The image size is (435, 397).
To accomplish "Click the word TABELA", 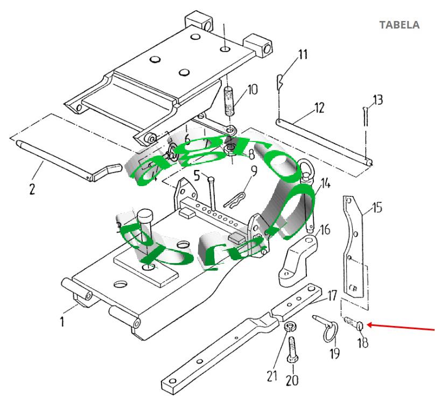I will pos(399,25).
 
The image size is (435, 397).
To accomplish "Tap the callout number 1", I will pos(62,322).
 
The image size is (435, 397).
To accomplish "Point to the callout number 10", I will pos(252,89).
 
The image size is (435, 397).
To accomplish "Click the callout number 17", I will pos(332,295).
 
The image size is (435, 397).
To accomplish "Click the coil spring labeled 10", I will pos(230,101).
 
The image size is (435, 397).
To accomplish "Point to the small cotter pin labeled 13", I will pos(366,116).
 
